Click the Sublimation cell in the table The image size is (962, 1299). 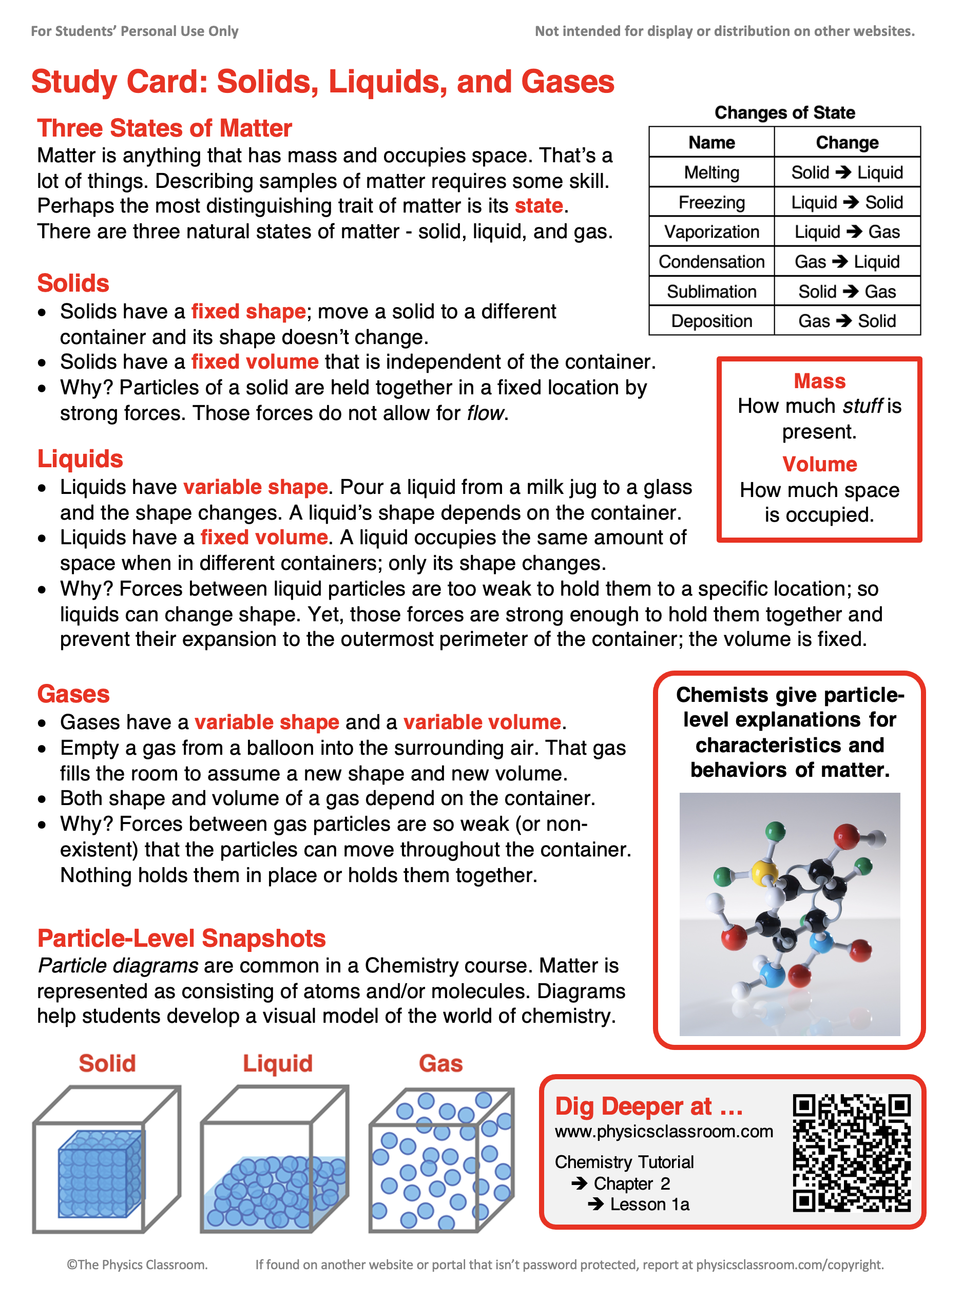(x=711, y=291)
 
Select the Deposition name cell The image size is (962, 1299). (x=711, y=321)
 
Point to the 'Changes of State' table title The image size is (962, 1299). (x=784, y=112)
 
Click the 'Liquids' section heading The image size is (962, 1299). (x=81, y=459)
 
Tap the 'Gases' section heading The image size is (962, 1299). (x=73, y=694)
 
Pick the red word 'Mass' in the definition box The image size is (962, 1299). (x=819, y=381)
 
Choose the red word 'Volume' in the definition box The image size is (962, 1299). (x=819, y=464)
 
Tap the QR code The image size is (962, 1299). (x=851, y=1153)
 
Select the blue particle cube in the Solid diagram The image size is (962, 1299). (x=99, y=1174)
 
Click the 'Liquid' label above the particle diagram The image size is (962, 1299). (x=278, y=1063)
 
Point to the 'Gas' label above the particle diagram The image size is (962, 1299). (x=441, y=1063)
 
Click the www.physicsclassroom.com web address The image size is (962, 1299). (x=664, y=1131)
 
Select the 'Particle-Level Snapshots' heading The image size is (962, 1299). (x=181, y=939)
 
